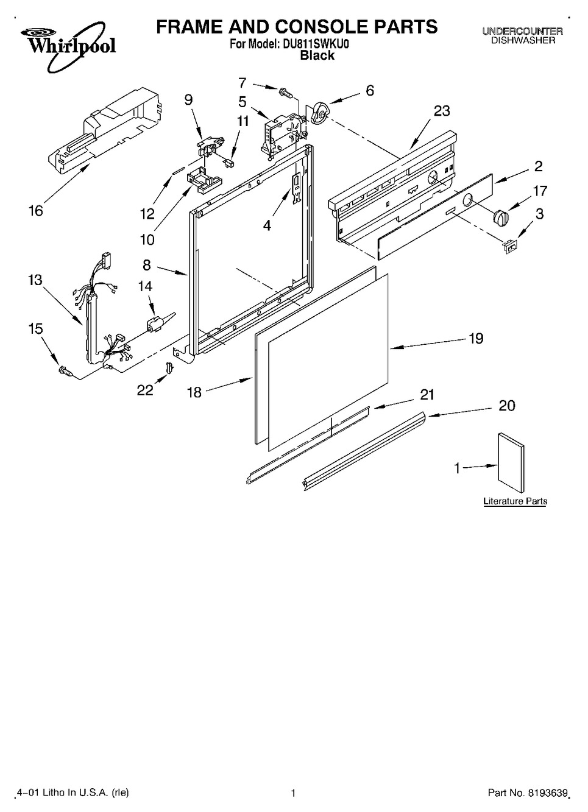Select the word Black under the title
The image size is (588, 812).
pyautogui.click(x=317, y=55)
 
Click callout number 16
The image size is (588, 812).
pyautogui.click(x=36, y=211)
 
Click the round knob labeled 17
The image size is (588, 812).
pyautogui.click(x=501, y=217)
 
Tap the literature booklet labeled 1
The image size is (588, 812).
pyautogui.click(x=511, y=462)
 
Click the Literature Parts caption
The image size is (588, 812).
pyautogui.click(x=515, y=501)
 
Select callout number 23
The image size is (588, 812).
pyautogui.click(x=442, y=111)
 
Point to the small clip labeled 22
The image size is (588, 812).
pyautogui.click(x=169, y=367)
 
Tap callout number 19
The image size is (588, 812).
pyautogui.click(x=476, y=339)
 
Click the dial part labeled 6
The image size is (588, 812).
pyautogui.click(x=319, y=112)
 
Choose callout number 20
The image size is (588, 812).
pyautogui.click(x=507, y=406)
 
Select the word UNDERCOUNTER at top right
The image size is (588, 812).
pyautogui.click(x=523, y=32)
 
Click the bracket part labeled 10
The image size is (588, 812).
pyautogui.click(x=204, y=178)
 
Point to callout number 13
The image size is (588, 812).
pyautogui.click(x=35, y=280)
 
